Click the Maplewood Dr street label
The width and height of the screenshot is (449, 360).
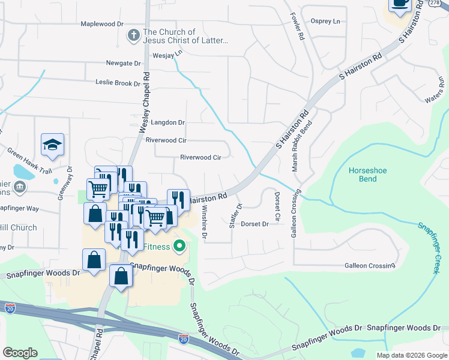point(102,24)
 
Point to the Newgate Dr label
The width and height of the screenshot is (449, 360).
point(123,63)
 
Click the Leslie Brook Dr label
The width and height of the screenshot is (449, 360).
point(118,83)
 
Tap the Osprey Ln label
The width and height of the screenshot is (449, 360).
point(325,21)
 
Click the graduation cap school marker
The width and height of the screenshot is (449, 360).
point(53,145)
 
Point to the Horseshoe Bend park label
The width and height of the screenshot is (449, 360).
point(367,175)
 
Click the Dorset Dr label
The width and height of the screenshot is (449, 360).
point(255,224)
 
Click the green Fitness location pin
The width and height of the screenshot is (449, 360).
point(179,245)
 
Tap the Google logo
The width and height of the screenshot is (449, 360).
point(20,353)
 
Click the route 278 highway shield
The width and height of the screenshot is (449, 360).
point(433,4)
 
